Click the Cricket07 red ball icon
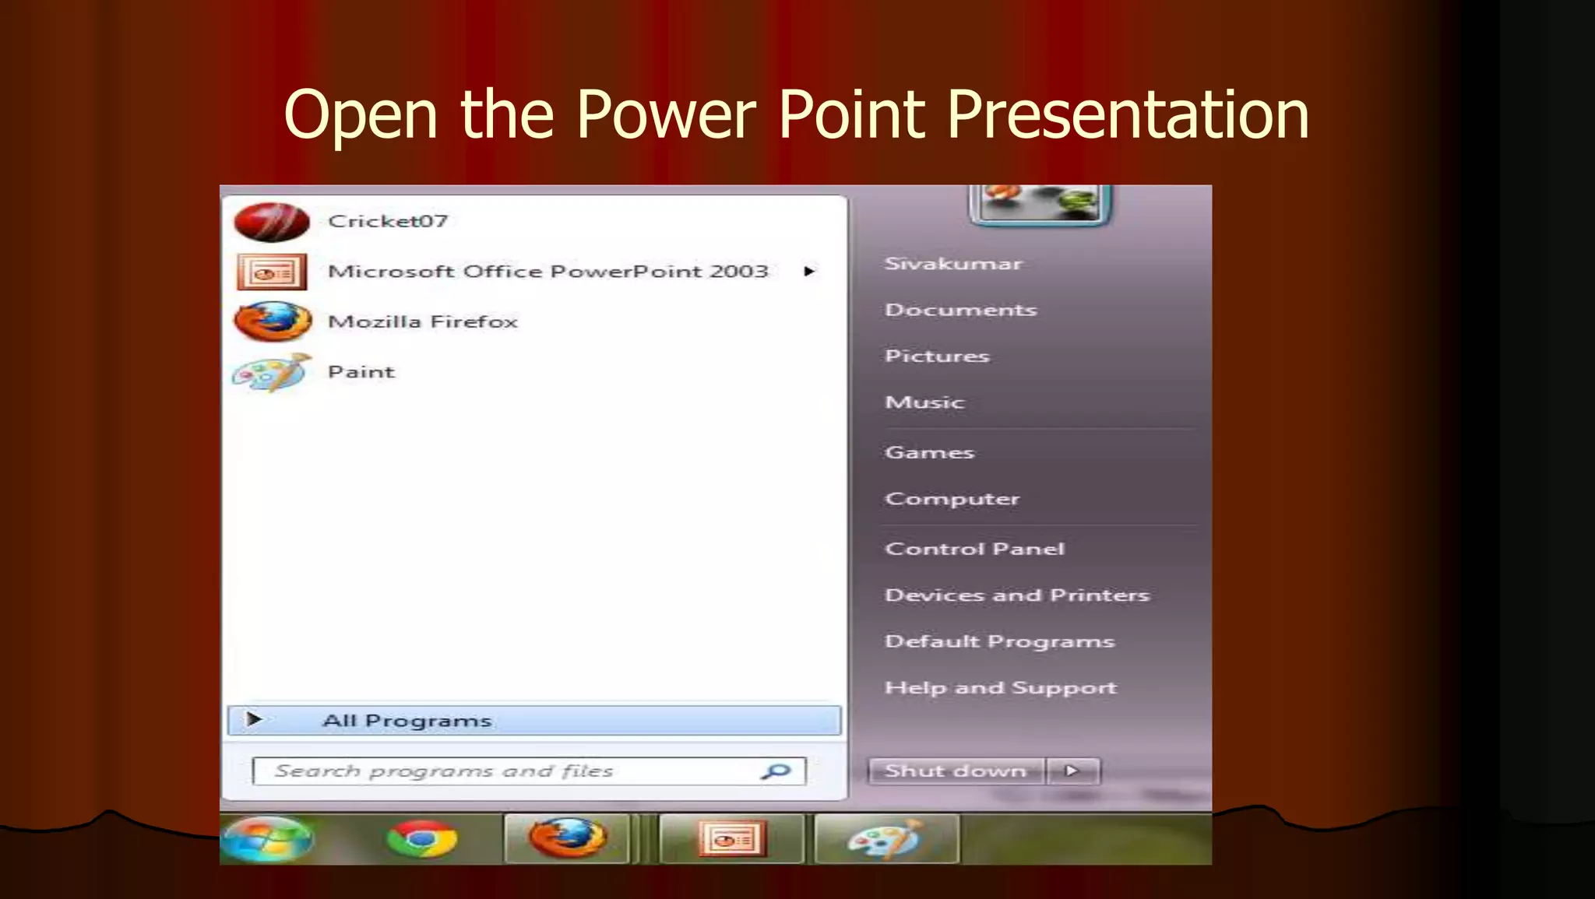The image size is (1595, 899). tap(271, 222)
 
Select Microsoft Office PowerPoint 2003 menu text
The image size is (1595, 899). tap(548, 272)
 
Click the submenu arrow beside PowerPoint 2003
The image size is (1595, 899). tap(809, 272)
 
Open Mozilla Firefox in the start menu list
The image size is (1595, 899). tap(422, 321)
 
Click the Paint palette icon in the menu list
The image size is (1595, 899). tap(271, 373)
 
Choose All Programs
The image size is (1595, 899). tap(407, 721)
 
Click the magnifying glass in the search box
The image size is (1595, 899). tap(776, 771)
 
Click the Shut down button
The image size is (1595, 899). tap(956, 771)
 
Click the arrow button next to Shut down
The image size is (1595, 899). tap(1072, 771)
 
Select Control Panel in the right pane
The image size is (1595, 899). tap(974, 549)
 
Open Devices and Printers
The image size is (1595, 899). tap(1016, 595)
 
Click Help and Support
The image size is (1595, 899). tap(1000, 688)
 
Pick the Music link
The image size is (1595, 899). tap(924, 402)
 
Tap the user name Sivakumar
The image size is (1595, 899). tap(952, 264)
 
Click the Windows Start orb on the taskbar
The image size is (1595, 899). tap(266, 839)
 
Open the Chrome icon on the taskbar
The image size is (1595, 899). tap(422, 839)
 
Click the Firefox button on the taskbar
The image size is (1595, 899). tap(567, 838)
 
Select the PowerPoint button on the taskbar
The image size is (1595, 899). tap(731, 839)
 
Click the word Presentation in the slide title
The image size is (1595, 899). tap(1128, 115)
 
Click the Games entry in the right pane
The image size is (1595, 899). tap(929, 453)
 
